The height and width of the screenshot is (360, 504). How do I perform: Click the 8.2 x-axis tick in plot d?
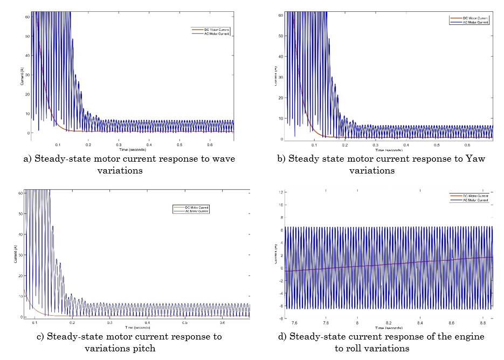click(388, 322)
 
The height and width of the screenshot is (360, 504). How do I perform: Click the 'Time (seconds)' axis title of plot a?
click(132, 150)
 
